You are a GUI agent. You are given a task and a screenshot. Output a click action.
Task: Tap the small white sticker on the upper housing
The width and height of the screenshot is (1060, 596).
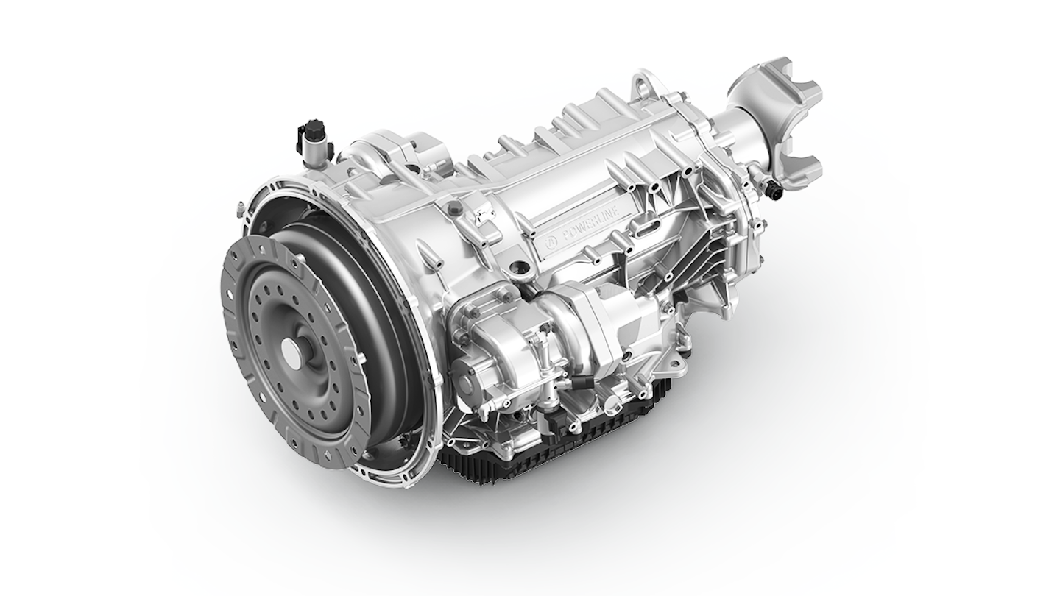coord(482,214)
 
